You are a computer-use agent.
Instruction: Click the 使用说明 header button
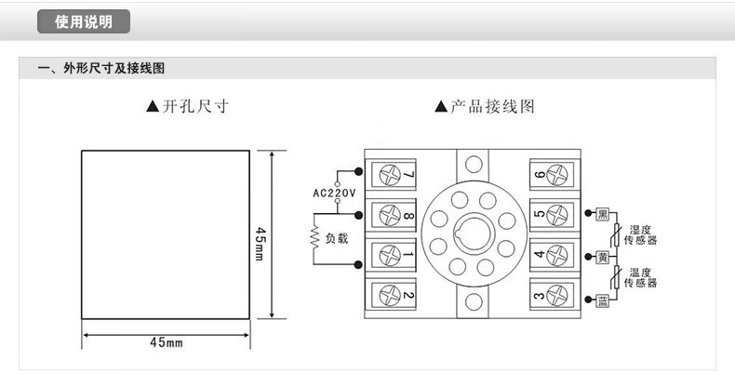click(x=84, y=22)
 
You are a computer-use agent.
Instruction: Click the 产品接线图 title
click(x=485, y=107)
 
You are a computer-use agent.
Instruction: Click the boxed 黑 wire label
click(x=603, y=214)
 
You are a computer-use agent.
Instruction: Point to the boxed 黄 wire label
click(x=603, y=256)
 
